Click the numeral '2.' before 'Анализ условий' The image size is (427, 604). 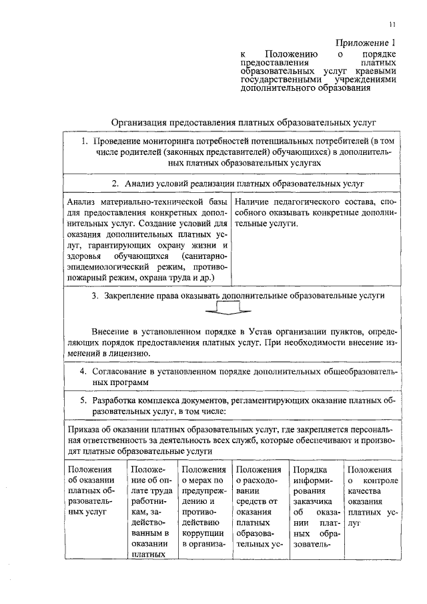(115, 182)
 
